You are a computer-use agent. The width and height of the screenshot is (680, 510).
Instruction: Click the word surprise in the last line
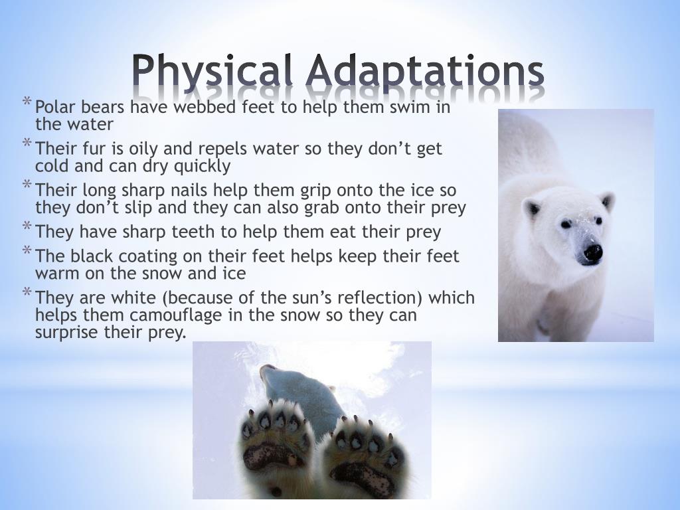coord(67,332)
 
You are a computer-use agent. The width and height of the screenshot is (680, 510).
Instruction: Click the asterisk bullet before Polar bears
coord(27,102)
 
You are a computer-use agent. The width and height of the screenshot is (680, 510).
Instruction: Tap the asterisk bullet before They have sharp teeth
coord(27,228)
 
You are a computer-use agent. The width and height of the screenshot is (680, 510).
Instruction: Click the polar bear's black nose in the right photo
coord(592,252)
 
